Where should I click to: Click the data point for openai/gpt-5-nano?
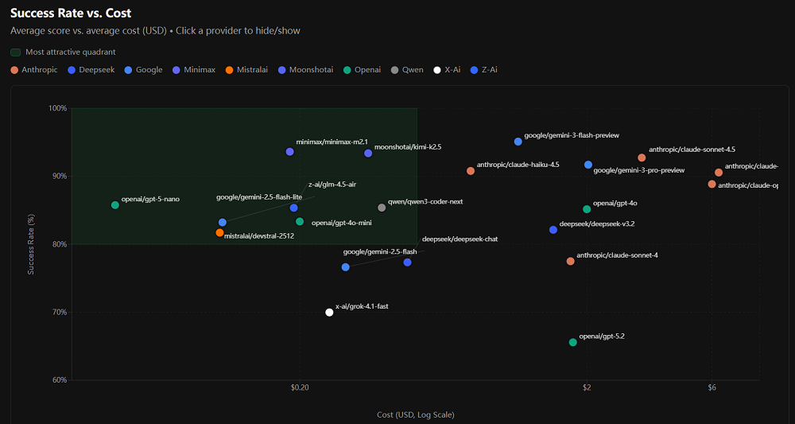(x=115, y=205)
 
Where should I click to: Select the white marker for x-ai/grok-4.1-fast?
(x=329, y=313)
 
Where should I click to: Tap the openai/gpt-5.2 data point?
(x=572, y=342)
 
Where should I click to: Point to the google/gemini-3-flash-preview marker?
(x=518, y=142)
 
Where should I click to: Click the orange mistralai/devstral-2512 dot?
(x=219, y=233)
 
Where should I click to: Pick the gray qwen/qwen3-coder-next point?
(x=382, y=208)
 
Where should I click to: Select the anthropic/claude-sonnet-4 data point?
(x=570, y=261)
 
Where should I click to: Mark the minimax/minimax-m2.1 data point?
(x=289, y=151)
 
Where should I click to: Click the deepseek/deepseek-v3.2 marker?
(x=553, y=230)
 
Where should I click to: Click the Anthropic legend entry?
(x=34, y=70)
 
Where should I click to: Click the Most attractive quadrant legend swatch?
(x=15, y=53)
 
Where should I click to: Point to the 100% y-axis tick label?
(x=58, y=108)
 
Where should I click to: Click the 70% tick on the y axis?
(x=60, y=313)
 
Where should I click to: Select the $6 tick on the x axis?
(x=712, y=388)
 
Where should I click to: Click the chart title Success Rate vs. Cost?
(x=71, y=13)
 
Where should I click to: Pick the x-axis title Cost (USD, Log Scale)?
(x=415, y=414)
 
